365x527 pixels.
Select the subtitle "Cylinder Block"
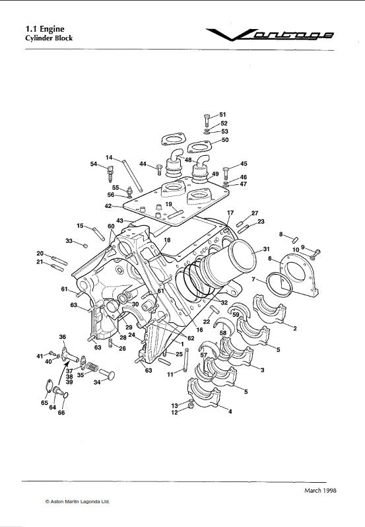click(49, 38)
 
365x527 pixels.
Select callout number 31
click(266, 250)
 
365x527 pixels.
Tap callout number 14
click(110, 158)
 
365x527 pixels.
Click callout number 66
click(62, 413)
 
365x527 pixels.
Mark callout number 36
click(63, 337)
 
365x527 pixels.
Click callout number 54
click(94, 164)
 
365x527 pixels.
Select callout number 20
click(40, 254)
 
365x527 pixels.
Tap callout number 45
click(244, 164)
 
